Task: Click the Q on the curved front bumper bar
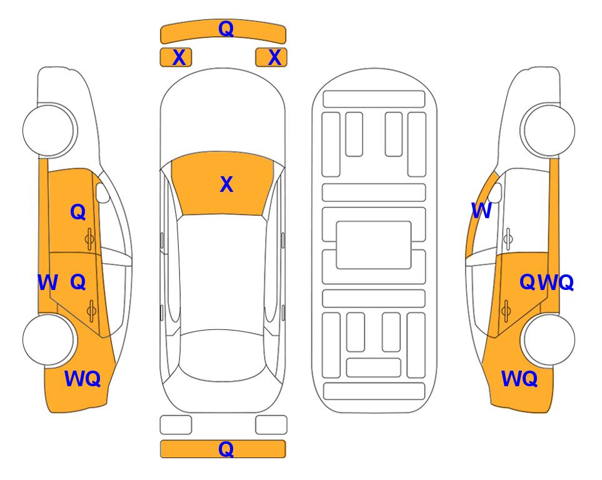point(226,29)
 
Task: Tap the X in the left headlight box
point(179,57)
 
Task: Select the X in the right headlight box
point(274,57)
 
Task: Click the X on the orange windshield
point(226,184)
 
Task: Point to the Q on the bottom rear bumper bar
point(226,449)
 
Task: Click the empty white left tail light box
point(176,425)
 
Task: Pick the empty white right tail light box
point(271,425)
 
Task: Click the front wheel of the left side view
point(49,131)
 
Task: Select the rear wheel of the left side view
point(49,339)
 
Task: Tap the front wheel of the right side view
point(549,131)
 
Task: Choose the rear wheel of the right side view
point(549,339)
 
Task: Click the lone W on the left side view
point(48,282)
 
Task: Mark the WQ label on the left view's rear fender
point(83,379)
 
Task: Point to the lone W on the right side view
point(481,211)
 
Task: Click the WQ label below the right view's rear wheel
point(519,379)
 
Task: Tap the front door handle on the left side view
point(89,239)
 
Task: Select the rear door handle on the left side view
point(91,310)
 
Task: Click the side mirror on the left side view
point(102,192)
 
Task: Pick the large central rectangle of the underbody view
point(374,245)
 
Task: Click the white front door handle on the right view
point(508,239)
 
